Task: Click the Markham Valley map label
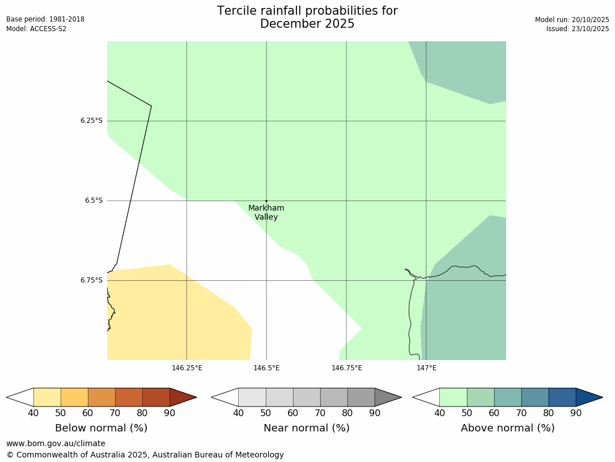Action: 266,212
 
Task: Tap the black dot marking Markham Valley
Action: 266,201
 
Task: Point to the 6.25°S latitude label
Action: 91,121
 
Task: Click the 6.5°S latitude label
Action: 94,200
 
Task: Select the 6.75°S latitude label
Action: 91,280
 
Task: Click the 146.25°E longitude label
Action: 187,368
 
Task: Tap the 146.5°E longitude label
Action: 266,368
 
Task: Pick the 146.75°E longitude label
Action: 346,368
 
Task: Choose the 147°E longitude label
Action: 426,368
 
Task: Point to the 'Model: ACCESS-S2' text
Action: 36,28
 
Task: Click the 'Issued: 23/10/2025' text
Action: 578,28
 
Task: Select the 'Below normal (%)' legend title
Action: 101,428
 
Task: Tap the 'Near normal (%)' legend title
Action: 306,428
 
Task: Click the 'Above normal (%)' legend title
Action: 507,428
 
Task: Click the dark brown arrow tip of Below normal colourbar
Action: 181,397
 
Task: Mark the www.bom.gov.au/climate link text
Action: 56,443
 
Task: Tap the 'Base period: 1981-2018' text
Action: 45,19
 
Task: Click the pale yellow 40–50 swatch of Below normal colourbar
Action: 47,397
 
